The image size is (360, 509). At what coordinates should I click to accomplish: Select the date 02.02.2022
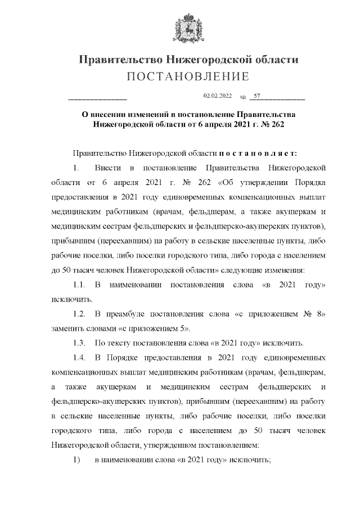(217, 97)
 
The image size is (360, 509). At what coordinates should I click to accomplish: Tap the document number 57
(257, 97)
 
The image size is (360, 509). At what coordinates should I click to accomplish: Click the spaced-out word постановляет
(262, 153)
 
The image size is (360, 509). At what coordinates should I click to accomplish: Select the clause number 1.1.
(79, 285)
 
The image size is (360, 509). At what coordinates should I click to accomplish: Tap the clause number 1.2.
(79, 314)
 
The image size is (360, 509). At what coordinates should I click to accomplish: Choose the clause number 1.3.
(79, 343)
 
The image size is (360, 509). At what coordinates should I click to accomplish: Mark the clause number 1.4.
(79, 358)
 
